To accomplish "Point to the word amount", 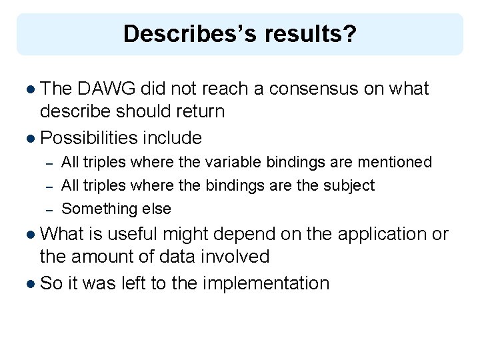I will coord(108,256).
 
